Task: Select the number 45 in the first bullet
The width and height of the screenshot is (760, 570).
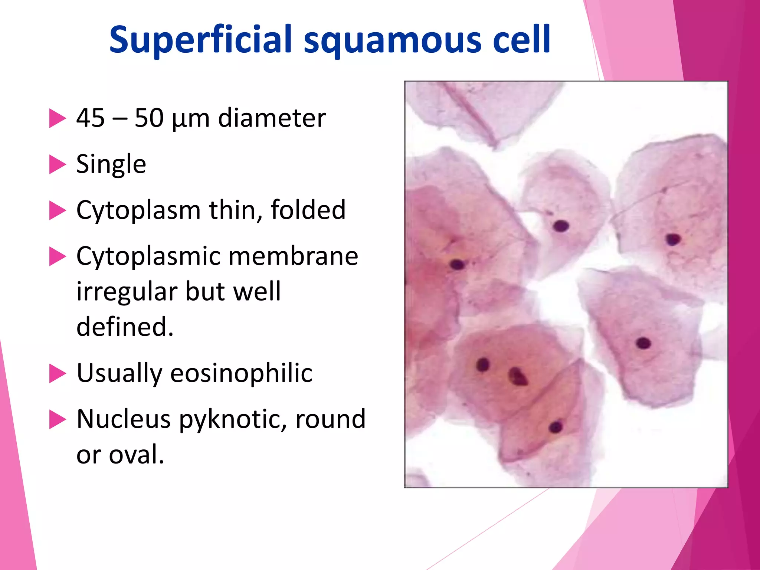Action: tap(90, 118)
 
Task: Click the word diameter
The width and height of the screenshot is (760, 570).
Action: tap(272, 118)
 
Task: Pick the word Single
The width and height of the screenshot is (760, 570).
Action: tap(111, 164)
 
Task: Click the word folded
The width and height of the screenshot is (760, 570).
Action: tap(308, 210)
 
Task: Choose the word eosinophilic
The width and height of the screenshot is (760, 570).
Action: tap(241, 373)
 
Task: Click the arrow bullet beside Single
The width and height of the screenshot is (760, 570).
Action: tap(57, 164)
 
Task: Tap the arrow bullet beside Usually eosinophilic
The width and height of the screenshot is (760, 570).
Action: tap(57, 373)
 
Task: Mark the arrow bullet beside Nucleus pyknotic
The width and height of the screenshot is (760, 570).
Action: tap(57, 419)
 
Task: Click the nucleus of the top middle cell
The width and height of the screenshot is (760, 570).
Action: tap(561, 226)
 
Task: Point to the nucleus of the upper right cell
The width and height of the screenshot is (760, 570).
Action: tap(673, 239)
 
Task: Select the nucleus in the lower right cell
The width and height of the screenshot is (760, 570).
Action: tap(643, 343)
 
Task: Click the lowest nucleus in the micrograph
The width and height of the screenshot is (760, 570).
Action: tap(556, 427)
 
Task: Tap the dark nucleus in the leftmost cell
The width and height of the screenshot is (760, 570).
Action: tap(457, 265)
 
